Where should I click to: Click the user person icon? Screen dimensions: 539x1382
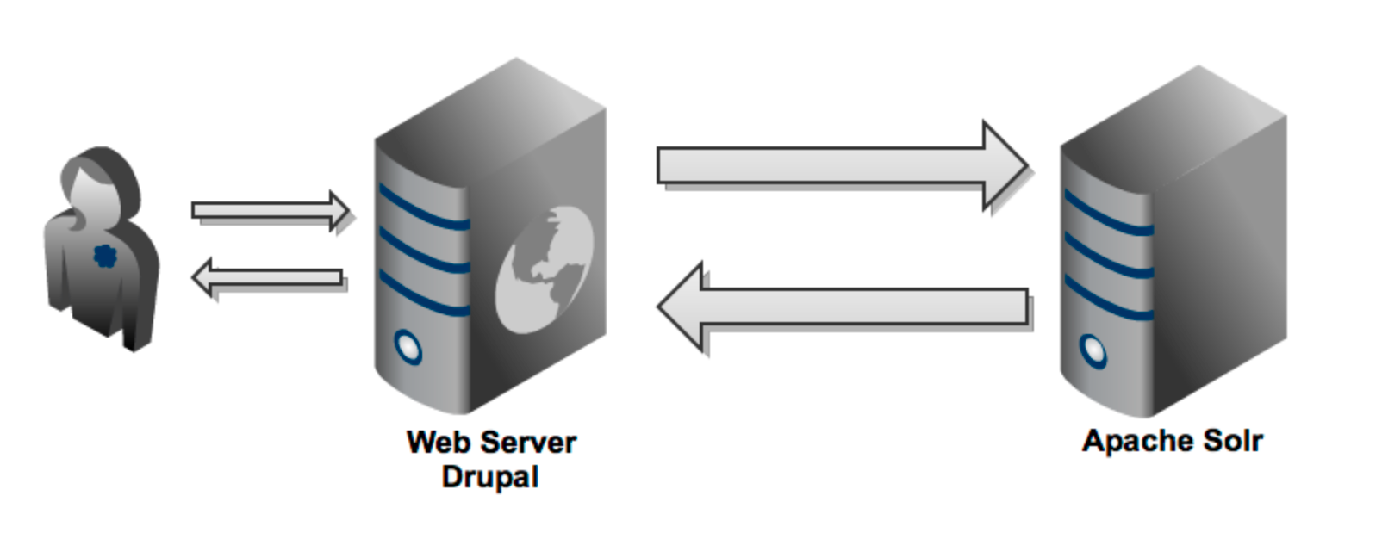[102, 250]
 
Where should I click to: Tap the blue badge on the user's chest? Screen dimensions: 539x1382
[103, 256]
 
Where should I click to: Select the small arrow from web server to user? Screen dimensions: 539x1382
[269, 278]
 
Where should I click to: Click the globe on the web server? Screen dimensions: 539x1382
[545, 269]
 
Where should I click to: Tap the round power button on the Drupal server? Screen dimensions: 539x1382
[408, 347]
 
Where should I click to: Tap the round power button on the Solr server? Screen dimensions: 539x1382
[1093, 350]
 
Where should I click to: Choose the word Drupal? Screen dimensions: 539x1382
[489, 477]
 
